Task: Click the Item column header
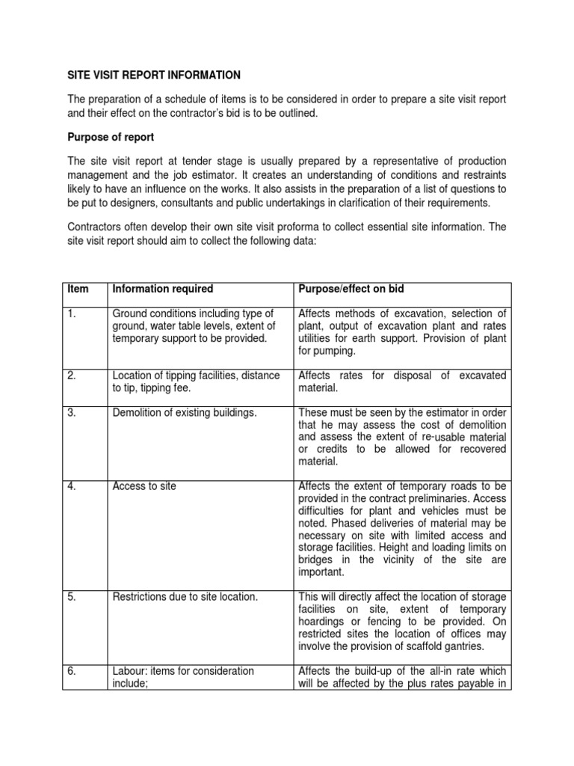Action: (x=77, y=289)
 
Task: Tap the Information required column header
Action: (x=162, y=289)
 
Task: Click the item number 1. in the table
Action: (x=72, y=313)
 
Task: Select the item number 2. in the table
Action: (x=72, y=376)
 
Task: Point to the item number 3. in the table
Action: (x=72, y=411)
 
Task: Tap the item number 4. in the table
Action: (x=72, y=486)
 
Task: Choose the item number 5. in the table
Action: (x=72, y=597)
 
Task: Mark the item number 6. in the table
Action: (x=72, y=671)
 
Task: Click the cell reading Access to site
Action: (x=144, y=486)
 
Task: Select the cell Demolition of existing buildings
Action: (x=185, y=411)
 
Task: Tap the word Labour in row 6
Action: (x=128, y=671)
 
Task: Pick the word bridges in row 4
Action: (x=316, y=560)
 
